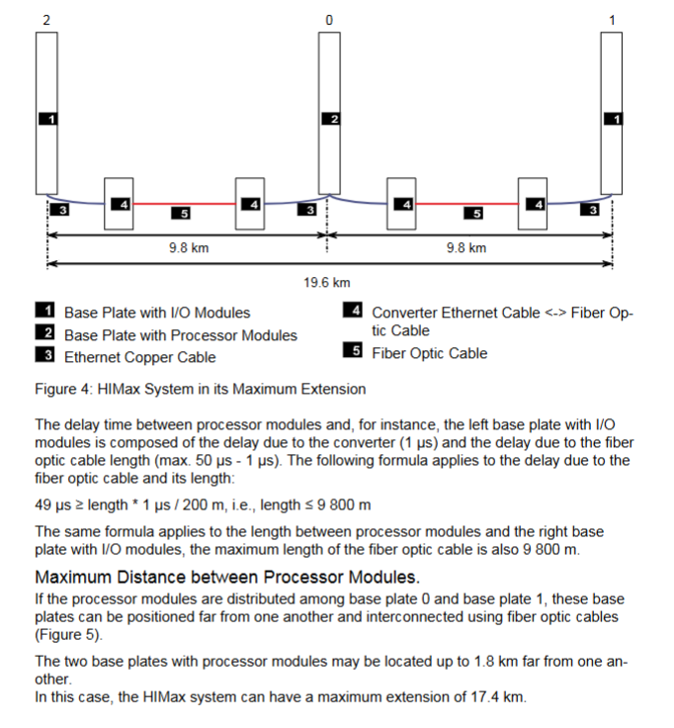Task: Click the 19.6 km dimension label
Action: pyautogui.click(x=328, y=283)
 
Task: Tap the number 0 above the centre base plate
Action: pyautogui.click(x=329, y=20)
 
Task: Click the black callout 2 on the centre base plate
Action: pyautogui.click(x=331, y=119)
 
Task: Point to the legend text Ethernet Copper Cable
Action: pyautogui.click(x=139, y=356)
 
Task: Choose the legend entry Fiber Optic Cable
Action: pyautogui.click(x=429, y=352)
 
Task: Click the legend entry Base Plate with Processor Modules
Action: pyautogui.click(x=180, y=334)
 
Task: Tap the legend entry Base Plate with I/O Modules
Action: pyautogui.click(x=157, y=313)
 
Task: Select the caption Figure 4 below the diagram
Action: pyautogui.click(x=201, y=388)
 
